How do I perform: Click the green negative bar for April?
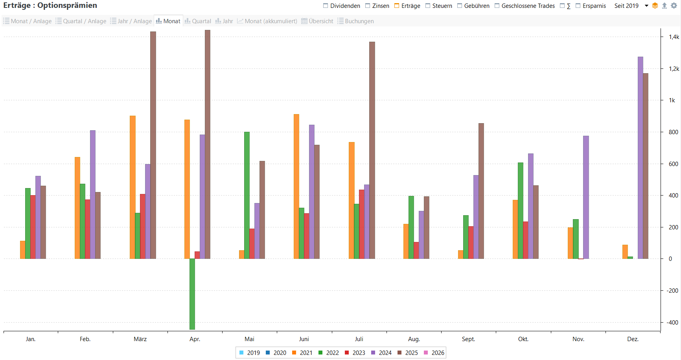pyautogui.click(x=192, y=294)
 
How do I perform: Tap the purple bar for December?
pyautogui.click(x=641, y=157)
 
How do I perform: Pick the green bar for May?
pyautogui.click(x=247, y=195)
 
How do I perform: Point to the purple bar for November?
pyautogui.click(x=586, y=197)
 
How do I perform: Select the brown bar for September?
pyautogui.click(x=481, y=191)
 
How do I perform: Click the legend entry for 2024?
pyautogui.click(x=381, y=353)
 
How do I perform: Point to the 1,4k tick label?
pyautogui.click(x=674, y=37)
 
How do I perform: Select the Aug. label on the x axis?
pyautogui.click(x=414, y=339)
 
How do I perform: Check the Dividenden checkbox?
pyautogui.click(x=326, y=6)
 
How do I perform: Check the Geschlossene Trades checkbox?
pyautogui.click(x=497, y=6)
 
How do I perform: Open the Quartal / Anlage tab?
pyautogui.click(x=81, y=21)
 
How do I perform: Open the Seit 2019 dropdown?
pyautogui.click(x=631, y=6)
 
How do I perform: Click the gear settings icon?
pyautogui.click(x=674, y=6)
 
